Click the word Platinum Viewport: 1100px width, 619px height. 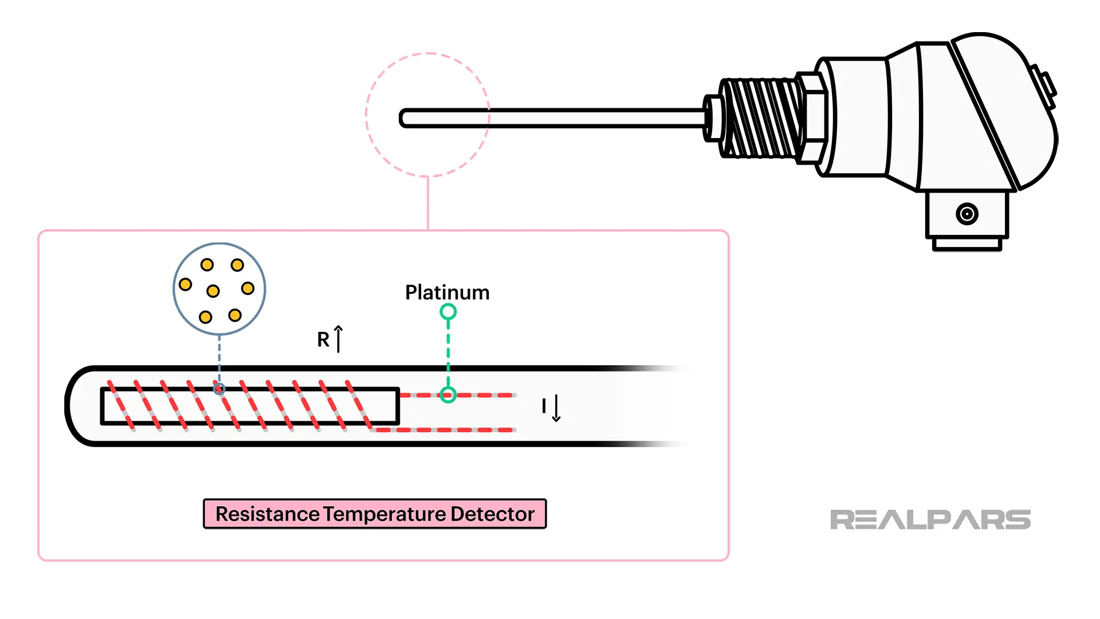447,292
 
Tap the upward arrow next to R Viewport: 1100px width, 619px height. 339,339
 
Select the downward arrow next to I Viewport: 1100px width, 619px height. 556,408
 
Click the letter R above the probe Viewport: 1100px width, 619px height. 323,339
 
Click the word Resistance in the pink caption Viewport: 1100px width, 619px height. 267,514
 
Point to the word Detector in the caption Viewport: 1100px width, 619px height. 492,514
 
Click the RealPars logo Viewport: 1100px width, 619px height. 930,520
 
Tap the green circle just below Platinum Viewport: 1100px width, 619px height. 448,312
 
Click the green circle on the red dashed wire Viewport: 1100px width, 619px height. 448,395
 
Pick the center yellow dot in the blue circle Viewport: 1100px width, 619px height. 213,291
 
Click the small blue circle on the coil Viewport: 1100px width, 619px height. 219,389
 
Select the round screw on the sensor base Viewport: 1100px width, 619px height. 967,214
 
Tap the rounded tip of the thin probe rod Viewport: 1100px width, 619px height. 404,118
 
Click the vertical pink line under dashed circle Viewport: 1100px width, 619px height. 428,203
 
